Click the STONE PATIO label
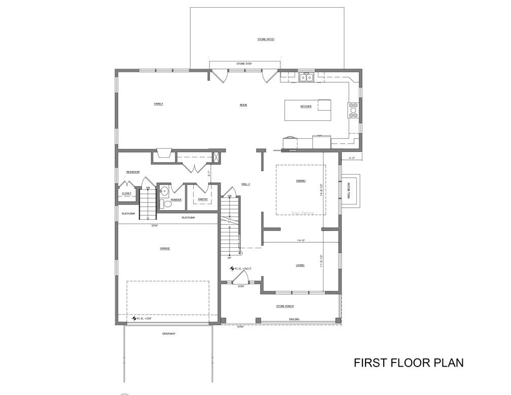coord(266,39)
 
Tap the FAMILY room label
coord(158,104)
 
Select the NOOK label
coord(243,105)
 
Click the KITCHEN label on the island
coord(306,106)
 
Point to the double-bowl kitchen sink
coord(306,77)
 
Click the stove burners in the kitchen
coord(353,110)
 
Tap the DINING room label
coord(301,181)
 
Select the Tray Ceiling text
coord(302,213)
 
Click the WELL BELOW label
coord(348,189)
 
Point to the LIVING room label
coord(300,266)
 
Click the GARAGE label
coord(165,249)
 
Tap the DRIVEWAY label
coord(169,334)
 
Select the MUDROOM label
coord(133,172)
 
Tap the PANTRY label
coord(203,200)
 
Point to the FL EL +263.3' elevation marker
coord(241,269)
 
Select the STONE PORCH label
coord(285,306)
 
